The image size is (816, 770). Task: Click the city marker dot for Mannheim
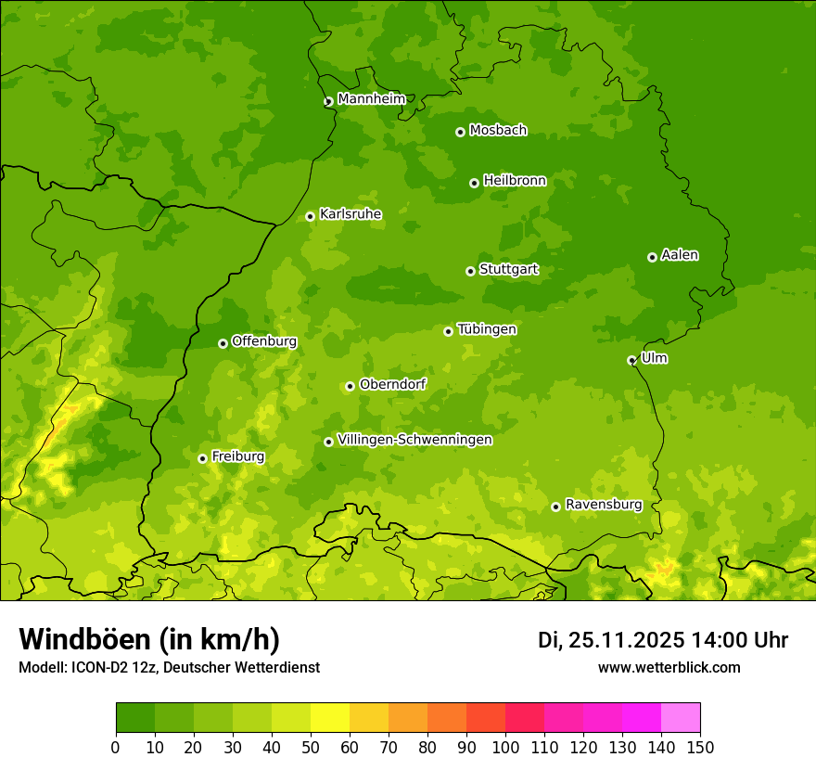coord(328,102)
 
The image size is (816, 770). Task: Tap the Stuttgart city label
coord(508,270)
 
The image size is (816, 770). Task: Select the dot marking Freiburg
coord(202,458)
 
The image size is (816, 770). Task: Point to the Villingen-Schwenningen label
coord(414,440)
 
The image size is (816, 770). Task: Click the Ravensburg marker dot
coord(555,507)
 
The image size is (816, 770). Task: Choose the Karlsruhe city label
coord(350,214)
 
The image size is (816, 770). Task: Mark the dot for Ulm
coord(631,360)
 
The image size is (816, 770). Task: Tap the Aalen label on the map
coord(680,255)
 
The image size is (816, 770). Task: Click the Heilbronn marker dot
coord(474,183)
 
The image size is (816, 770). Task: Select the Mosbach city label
coord(498,131)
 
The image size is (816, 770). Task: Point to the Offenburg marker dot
coord(223,343)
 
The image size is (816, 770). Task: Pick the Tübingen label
coord(487,329)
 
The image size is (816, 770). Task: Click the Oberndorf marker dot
coord(350,386)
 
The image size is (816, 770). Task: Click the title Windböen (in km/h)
coord(149,639)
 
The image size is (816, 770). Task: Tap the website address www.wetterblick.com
coord(669,667)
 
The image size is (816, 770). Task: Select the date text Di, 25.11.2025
coord(611,640)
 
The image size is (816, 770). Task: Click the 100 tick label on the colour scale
coord(505,747)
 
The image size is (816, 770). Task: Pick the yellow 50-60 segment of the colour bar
coord(330,718)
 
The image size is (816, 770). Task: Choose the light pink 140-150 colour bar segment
coord(681,718)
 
